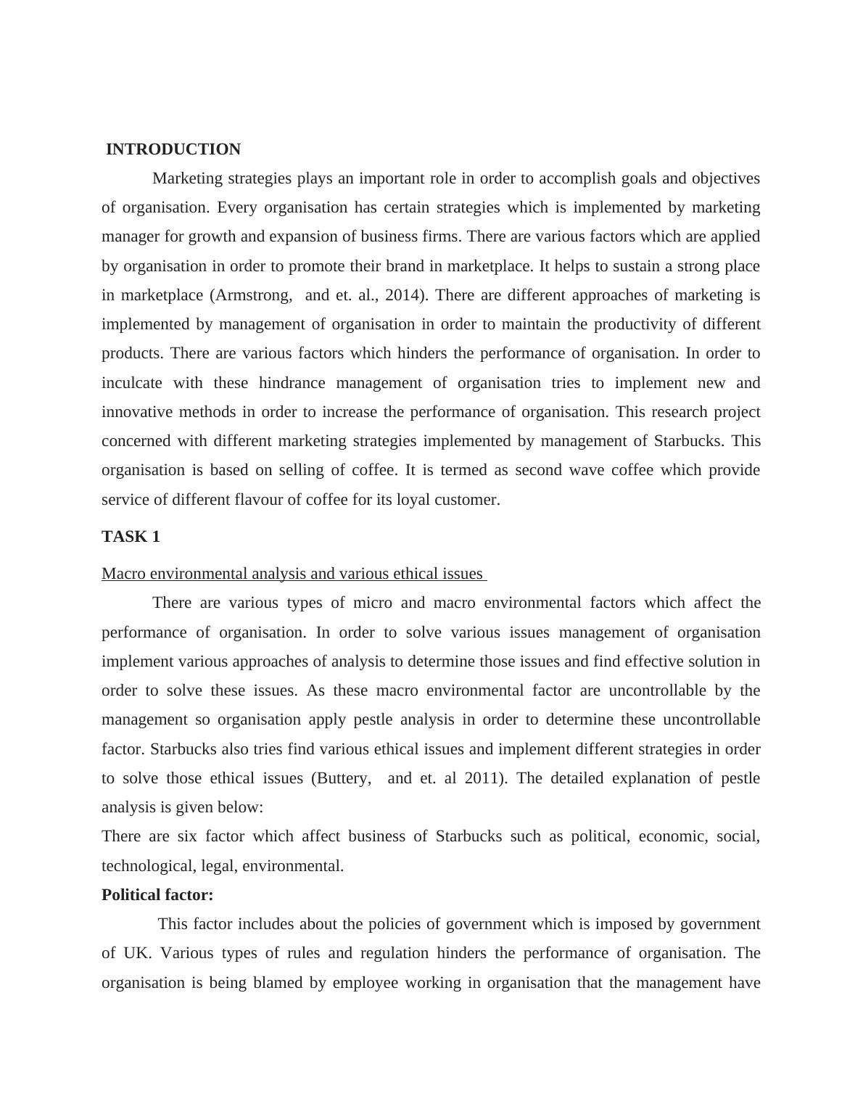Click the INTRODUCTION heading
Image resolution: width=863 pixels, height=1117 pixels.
(x=173, y=149)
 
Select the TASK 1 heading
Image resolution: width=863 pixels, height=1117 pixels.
(x=131, y=537)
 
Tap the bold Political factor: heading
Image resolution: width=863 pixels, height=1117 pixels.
(x=157, y=895)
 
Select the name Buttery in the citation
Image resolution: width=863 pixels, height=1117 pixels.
(x=343, y=778)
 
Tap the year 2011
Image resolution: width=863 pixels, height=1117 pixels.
(x=485, y=778)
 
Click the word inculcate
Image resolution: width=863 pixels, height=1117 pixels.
(x=132, y=383)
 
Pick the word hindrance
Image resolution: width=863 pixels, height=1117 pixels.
(x=292, y=383)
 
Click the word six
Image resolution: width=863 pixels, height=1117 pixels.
(x=187, y=836)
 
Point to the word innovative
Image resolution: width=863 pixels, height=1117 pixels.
(x=138, y=412)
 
